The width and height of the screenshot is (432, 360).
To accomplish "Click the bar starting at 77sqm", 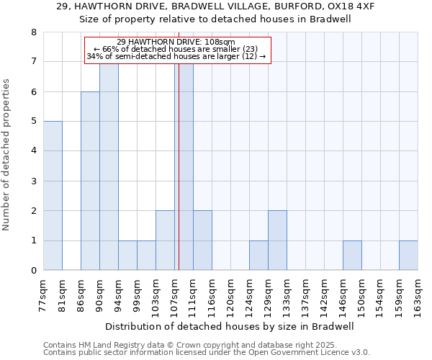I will pyautogui.click(x=53, y=196).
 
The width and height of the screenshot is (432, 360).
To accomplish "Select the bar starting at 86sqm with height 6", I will pyautogui.click(x=90, y=181).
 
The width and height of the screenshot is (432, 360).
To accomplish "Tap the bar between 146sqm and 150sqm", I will pyautogui.click(x=352, y=256).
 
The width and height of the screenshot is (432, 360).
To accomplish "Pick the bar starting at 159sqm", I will pyautogui.click(x=408, y=256).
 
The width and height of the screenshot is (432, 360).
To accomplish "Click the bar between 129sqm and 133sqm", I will pyautogui.click(x=277, y=240).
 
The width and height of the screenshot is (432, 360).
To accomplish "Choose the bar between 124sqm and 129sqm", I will pyautogui.click(x=258, y=256).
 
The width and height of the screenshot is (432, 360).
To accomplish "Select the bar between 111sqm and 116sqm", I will pyautogui.click(x=202, y=240).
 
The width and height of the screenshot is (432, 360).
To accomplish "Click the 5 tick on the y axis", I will pyautogui.click(x=33, y=121).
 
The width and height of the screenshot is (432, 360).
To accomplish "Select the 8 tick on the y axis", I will pyautogui.click(x=33, y=32).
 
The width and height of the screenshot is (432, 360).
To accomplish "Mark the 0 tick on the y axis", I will pyautogui.click(x=33, y=271).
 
